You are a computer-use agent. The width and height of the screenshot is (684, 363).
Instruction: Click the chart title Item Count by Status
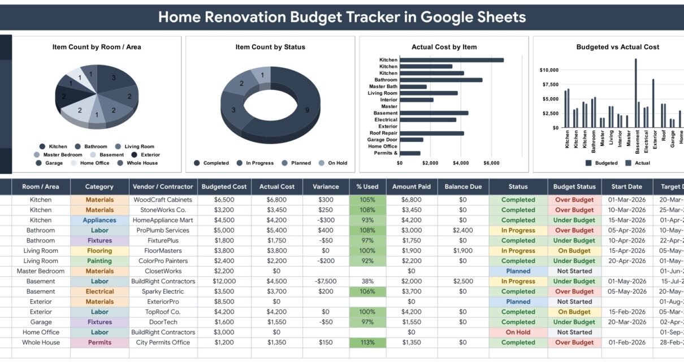click(270, 47)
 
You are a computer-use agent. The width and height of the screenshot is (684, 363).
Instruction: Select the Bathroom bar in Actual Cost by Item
click(441, 80)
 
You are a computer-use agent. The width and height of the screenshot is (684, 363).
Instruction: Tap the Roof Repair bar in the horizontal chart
click(432, 133)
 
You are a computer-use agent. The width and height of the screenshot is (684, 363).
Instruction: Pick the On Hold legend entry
click(333, 163)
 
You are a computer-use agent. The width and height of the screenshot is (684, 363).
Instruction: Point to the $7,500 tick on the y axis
click(550, 84)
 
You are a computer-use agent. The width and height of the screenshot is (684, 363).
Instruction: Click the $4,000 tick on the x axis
click(461, 163)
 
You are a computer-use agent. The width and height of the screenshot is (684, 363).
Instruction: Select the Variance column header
click(326, 187)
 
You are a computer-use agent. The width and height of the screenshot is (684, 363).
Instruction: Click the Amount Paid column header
click(412, 187)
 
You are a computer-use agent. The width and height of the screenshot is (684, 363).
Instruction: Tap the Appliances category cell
click(99, 220)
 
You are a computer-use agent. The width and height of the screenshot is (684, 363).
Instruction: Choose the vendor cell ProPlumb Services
click(163, 230)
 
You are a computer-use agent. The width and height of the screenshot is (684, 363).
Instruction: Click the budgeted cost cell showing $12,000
click(224, 281)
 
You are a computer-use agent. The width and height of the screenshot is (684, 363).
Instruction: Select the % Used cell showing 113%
click(367, 342)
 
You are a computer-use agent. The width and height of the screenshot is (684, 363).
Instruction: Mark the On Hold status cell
click(518, 332)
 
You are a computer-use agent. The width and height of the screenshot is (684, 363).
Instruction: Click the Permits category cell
click(99, 342)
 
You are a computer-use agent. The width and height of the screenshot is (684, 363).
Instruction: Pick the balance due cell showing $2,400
click(463, 230)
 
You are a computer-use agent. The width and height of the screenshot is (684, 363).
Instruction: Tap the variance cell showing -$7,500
click(326, 281)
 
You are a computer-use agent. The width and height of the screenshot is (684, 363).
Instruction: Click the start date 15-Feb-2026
click(626, 312)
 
